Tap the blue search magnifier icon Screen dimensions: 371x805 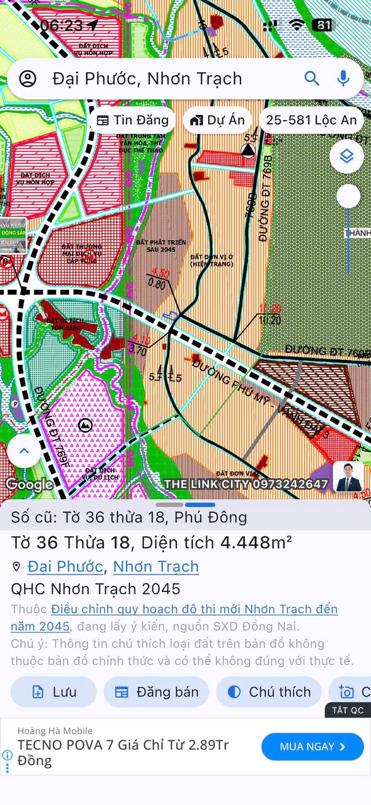tap(312, 78)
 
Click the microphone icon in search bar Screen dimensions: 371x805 tap(343, 78)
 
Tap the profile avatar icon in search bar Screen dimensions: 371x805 tap(28, 78)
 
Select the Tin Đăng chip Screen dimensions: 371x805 tap(133, 120)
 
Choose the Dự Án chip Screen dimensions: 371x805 tap(217, 120)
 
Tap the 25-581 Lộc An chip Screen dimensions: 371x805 tap(311, 120)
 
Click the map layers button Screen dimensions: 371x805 tap(347, 156)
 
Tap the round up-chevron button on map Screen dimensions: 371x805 tap(24, 450)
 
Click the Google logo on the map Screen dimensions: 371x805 tap(29, 484)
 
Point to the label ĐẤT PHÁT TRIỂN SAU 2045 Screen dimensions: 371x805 tap(161, 246)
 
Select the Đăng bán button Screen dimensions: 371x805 tap(157, 692)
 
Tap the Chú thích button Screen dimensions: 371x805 tap(269, 692)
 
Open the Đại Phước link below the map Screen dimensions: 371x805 tap(65, 567)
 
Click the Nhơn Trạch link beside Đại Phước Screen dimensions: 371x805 tap(156, 567)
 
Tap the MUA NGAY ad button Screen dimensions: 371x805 tap(312, 747)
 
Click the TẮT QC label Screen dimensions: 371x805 tap(348, 710)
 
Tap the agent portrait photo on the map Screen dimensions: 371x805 tap(347, 477)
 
